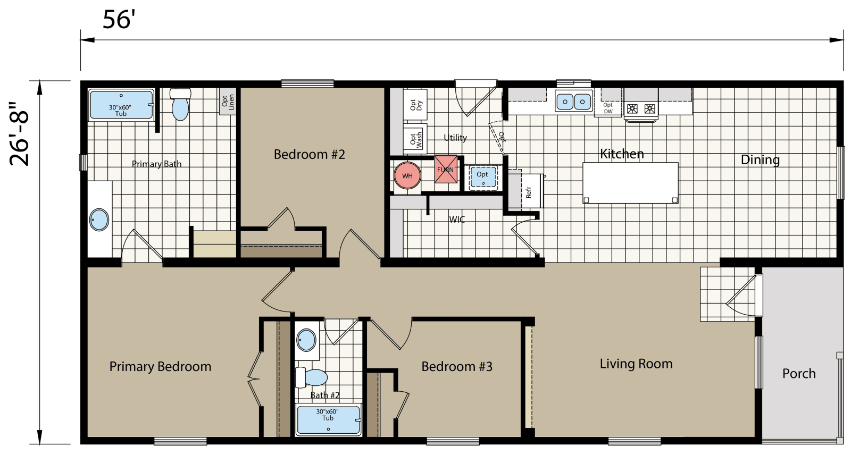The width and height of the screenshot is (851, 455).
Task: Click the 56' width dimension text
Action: click(119, 20)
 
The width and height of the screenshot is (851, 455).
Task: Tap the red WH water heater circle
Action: click(407, 175)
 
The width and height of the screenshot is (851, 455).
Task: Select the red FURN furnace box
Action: click(446, 170)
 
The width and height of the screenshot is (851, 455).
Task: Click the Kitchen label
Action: click(622, 154)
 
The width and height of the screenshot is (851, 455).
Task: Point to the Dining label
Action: click(760, 159)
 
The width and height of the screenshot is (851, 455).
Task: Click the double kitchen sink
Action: click(573, 101)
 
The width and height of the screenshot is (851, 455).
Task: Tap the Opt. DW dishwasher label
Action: click(608, 108)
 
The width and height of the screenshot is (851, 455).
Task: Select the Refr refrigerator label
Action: click(529, 192)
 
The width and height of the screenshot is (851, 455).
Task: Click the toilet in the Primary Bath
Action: click(180, 104)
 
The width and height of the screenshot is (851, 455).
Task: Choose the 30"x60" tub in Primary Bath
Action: click(121, 105)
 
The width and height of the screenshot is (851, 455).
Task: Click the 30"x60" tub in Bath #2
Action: click(328, 419)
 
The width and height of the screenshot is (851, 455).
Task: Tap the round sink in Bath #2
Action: click(306, 340)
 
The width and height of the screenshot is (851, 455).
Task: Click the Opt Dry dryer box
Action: click(415, 105)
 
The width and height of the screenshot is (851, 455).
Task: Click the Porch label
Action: click(798, 374)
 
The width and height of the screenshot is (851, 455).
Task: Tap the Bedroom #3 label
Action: click(456, 367)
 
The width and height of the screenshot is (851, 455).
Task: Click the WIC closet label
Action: click(456, 219)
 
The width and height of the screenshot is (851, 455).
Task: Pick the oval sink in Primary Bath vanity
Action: click(99, 220)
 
